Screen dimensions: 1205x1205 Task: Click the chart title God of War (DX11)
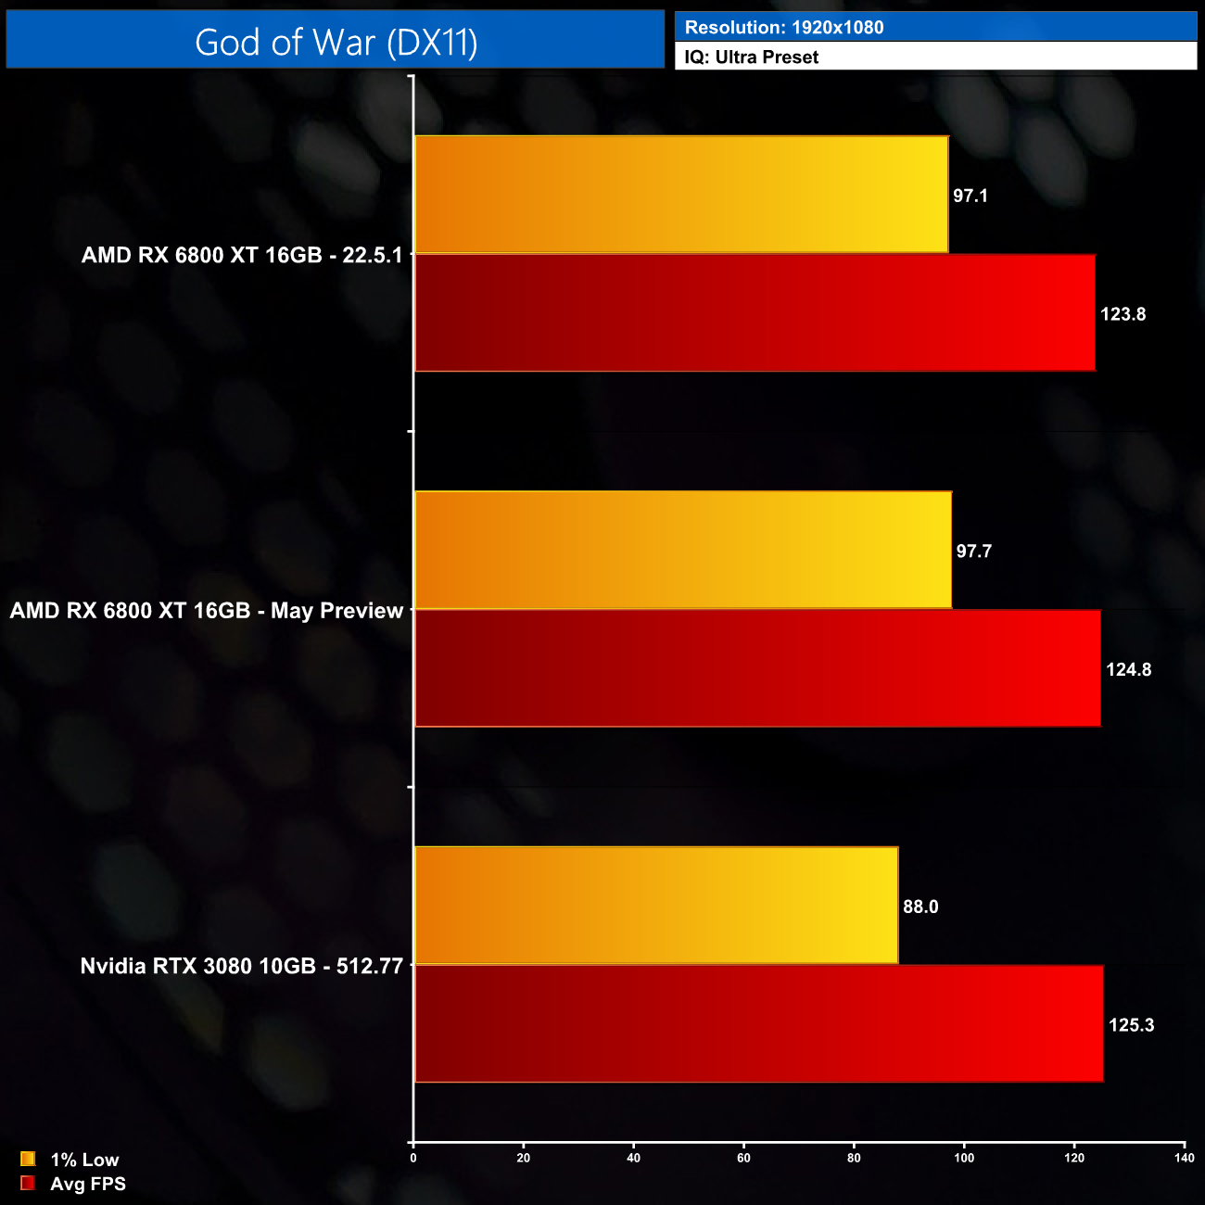click(x=336, y=43)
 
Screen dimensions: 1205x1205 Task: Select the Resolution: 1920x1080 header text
click(x=783, y=28)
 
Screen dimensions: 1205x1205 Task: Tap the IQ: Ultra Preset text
click(x=751, y=57)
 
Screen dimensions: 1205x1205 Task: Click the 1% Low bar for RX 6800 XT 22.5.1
click(x=681, y=195)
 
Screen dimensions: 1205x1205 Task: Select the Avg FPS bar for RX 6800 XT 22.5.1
click(x=755, y=313)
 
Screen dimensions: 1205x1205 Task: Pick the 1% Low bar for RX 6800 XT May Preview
click(x=683, y=551)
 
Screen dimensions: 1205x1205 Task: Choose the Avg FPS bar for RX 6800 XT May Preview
click(x=757, y=668)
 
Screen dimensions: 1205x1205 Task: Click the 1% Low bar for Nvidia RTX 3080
click(x=656, y=906)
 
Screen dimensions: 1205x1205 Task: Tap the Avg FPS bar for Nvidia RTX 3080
click(x=759, y=1023)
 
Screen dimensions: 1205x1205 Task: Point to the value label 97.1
click(x=970, y=196)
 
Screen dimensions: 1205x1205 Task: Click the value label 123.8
click(x=1123, y=314)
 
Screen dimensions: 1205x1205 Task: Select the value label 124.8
click(x=1128, y=669)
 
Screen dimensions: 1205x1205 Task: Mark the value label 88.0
click(x=920, y=907)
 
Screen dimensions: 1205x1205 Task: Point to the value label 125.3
click(x=1131, y=1025)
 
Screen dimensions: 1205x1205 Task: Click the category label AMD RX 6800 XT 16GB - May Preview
click(x=207, y=611)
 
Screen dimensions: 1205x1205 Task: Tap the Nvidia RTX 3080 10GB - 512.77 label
click(x=241, y=966)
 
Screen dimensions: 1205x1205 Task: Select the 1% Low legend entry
click(x=83, y=1160)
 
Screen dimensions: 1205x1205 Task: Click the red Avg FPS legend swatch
click(x=28, y=1183)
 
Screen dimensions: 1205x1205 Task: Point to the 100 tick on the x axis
click(x=964, y=1158)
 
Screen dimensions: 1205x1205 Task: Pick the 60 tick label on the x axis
click(x=743, y=1158)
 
